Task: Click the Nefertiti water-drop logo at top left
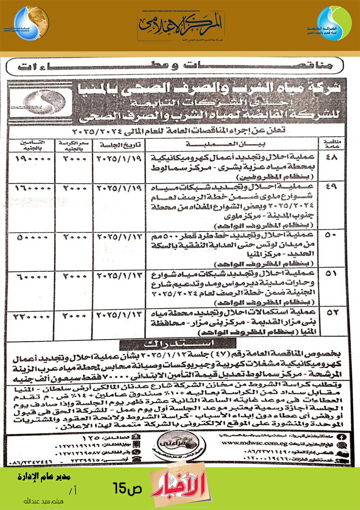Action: coord(30,24)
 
